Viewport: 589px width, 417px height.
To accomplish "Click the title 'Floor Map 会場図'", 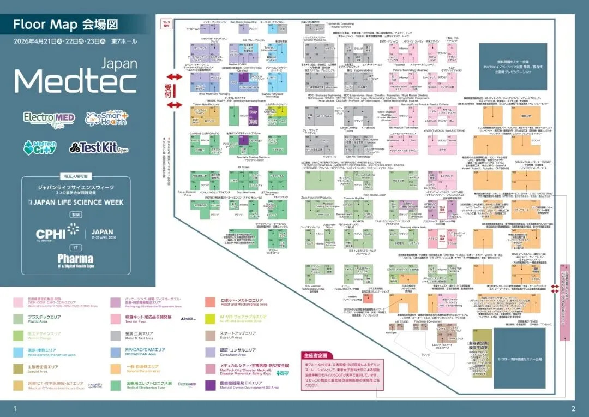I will (65, 25).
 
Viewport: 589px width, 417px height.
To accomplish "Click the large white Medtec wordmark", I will (75, 82).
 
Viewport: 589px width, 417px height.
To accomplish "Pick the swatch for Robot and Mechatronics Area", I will (211, 301).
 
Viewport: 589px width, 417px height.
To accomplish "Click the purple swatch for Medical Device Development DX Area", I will (211, 385).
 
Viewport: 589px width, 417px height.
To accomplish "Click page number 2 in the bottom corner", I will (573, 409).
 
